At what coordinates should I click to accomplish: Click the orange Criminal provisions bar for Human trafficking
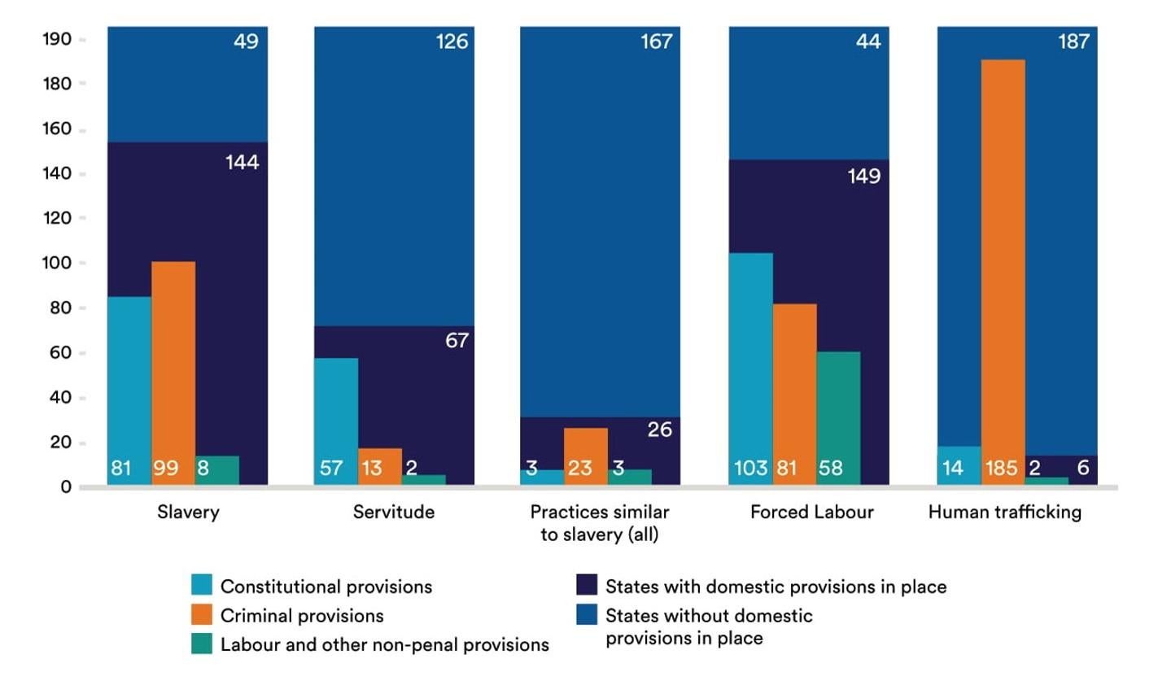[1003, 260]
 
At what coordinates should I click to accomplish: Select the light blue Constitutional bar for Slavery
[129, 382]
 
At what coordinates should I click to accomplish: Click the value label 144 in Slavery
[242, 163]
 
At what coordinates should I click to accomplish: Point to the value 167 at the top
[656, 41]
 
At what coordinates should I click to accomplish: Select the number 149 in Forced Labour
[863, 176]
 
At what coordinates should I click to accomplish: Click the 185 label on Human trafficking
[1001, 469]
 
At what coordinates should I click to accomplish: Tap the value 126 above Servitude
[452, 41]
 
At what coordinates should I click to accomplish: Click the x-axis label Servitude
[394, 512]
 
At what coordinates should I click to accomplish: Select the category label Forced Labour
[811, 512]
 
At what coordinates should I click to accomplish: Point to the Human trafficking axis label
[1004, 512]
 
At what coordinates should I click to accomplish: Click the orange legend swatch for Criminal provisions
[202, 614]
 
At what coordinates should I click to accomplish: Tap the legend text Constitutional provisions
[326, 587]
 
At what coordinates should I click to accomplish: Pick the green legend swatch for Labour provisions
[202, 644]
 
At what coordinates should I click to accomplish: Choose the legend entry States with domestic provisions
[776, 587]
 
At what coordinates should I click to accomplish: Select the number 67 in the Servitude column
[457, 341]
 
